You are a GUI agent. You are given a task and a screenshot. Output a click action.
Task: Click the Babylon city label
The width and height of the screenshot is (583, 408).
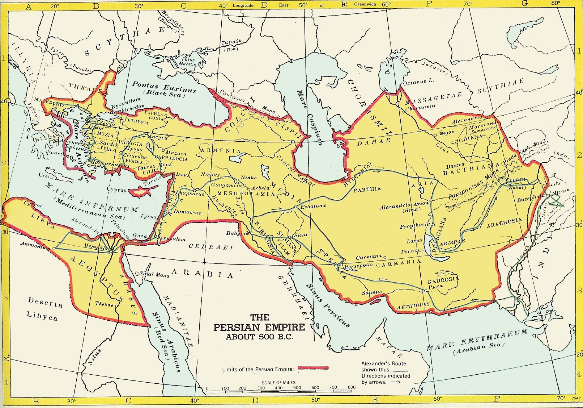point(237,233)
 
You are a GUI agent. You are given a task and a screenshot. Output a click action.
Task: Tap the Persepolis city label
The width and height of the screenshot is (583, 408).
point(358,266)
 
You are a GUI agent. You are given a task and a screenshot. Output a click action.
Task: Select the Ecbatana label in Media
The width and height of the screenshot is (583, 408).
point(313,206)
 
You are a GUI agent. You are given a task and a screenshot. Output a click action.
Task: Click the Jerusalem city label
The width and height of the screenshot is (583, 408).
point(173,239)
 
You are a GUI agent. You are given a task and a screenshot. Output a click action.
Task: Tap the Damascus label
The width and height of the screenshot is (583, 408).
point(187,212)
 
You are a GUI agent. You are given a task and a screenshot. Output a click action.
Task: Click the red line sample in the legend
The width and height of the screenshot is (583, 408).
point(313,368)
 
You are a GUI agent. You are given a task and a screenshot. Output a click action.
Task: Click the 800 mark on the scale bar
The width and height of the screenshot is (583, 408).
point(352,387)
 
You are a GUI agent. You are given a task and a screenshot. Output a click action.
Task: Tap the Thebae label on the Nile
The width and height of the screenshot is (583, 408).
point(104,304)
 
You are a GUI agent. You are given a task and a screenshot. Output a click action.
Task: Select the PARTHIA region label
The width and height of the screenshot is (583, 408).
point(367,189)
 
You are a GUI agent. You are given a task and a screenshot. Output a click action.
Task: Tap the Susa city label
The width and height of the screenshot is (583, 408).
point(301,235)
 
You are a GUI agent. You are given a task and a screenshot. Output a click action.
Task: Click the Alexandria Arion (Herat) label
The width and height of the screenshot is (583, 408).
point(404,207)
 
